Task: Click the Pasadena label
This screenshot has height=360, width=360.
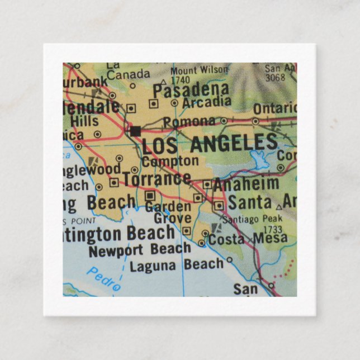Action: pyautogui.click(x=191, y=89)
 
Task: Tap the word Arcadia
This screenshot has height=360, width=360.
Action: pyautogui.click(x=207, y=102)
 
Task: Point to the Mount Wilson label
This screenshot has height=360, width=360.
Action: pyautogui.click(x=200, y=70)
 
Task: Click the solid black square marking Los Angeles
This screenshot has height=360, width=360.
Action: pyautogui.click(x=135, y=131)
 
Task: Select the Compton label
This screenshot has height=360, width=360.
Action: pyautogui.click(x=170, y=162)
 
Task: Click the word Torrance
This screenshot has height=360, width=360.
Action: pyautogui.click(x=157, y=179)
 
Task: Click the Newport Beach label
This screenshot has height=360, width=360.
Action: pyautogui.click(x=139, y=250)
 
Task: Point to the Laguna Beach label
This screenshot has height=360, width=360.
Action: pyautogui.click(x=177, y=265)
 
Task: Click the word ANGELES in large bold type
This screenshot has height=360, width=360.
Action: pyautogui.click(x=234, y=144)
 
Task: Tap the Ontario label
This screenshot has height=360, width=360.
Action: pyautogui.click(x=273, y=108)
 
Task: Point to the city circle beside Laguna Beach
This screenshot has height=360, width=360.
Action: pyautogui.click(x=229, y=260)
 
